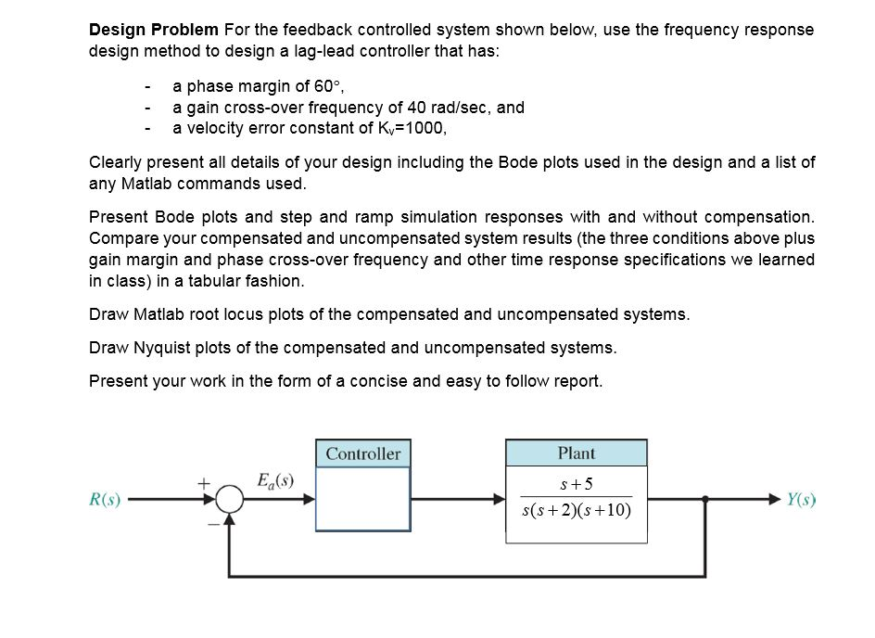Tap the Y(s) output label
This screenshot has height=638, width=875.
801,499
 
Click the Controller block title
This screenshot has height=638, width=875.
363,453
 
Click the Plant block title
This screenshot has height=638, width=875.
577,453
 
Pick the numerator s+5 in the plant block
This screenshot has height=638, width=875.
577,483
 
